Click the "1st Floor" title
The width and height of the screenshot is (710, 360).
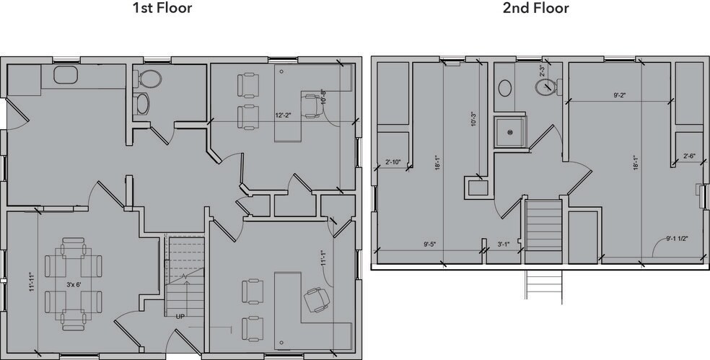point(162,9)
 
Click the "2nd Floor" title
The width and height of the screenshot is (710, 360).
point(535,9)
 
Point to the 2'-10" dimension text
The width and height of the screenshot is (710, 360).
point(393,162)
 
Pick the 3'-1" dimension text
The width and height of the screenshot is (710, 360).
point(505,244)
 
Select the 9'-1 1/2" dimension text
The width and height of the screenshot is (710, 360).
point(680,237)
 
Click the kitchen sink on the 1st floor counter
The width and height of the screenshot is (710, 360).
point(66,74)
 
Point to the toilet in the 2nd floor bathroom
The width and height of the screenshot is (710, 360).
point(546,87)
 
